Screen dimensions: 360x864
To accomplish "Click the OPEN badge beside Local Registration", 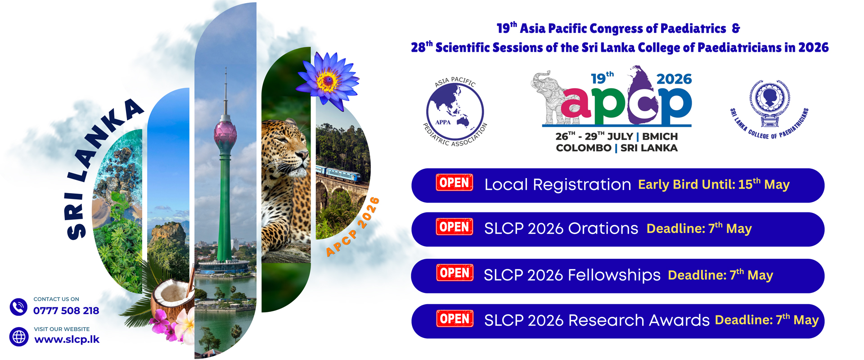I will click(454, 183).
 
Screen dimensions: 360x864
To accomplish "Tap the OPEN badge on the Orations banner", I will click(454, 227).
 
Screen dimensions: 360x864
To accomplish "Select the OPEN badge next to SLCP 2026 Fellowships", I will click(454, 273).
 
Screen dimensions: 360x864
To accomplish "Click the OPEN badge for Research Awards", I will click(454, 319).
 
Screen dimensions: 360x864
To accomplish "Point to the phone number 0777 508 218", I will click(66, 310).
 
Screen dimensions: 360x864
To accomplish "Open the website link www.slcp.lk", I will click(67, 339).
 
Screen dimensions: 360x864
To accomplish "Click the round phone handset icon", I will click(19, 307).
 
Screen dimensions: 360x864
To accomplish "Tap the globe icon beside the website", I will click(19, 337).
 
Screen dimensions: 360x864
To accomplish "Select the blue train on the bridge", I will click(338, 174).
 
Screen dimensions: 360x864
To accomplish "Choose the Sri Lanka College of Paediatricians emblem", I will click(770, 101).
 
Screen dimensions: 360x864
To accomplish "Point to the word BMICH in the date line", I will click(660, 136).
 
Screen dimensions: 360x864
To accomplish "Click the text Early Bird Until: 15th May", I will click(714, 184).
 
